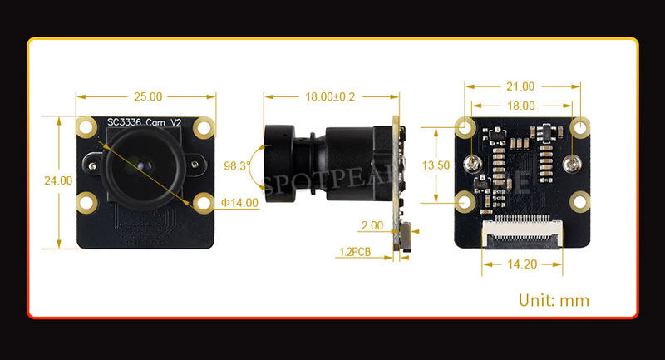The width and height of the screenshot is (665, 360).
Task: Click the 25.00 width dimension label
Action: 145,96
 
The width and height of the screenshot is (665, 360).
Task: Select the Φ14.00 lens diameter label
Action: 240,202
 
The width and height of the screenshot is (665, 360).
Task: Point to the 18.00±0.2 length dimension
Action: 330,96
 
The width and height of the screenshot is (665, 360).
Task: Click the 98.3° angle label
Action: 237,166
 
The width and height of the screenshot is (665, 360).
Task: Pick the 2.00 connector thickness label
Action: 372,225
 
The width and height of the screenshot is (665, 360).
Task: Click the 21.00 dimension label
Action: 521,86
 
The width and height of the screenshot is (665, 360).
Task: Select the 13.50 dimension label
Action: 436,165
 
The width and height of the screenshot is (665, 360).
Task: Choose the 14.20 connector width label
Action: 522,265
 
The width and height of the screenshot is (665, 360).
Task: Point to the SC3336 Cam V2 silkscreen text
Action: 145,123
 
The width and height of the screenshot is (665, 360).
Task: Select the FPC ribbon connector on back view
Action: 523,234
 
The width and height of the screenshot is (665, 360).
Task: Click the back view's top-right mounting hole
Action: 580,127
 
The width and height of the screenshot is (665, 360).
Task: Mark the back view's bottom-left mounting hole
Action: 465,200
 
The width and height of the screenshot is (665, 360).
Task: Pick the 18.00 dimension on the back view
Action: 521,106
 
